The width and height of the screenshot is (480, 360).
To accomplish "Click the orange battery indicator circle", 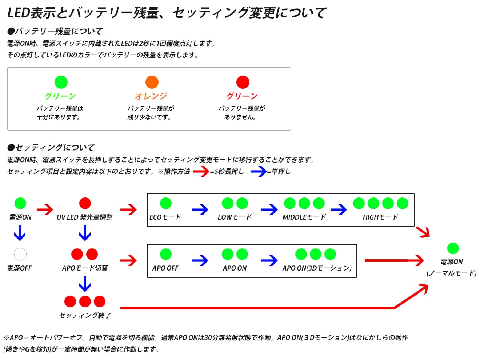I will (x=152, y=82).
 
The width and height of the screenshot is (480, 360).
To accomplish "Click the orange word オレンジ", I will (x=151, y=96).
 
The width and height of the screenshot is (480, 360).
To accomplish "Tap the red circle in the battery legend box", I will (x=243, y=82).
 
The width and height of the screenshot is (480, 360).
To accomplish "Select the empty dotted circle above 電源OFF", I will (x=20, y=254).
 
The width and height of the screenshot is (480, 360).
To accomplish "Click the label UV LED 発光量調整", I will (x=85, y=217).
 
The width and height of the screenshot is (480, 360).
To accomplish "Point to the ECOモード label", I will (x=165, y=217).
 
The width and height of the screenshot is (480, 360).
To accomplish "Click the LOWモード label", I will (x=235, y=217).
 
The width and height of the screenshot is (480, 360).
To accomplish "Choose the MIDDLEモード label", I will (x=304, y=217).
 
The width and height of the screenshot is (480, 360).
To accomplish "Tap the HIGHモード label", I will (x=380, y=217).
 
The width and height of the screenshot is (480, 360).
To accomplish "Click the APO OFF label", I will (x=165, y=268).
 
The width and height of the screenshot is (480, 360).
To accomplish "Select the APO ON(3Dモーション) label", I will (x=317, y=268).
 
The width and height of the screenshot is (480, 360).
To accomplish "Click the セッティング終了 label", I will (x=85, y=315).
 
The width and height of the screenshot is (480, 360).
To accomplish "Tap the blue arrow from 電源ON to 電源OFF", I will (x=20, y=233).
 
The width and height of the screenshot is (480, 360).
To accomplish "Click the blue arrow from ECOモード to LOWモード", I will (x=200, y=209).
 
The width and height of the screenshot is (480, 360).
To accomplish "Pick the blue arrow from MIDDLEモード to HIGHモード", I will (x=339, y=209).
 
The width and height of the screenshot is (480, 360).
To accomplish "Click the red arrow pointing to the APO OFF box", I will (x=128, y=260).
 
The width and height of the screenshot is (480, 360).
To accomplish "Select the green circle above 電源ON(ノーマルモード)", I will (x=453, y=248).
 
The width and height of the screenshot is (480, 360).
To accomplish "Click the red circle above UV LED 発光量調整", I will (x=85, y=203).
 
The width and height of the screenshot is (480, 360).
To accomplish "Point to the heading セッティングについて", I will (x=51, y=147).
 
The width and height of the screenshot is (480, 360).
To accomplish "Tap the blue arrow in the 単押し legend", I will (x=259, y=171).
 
